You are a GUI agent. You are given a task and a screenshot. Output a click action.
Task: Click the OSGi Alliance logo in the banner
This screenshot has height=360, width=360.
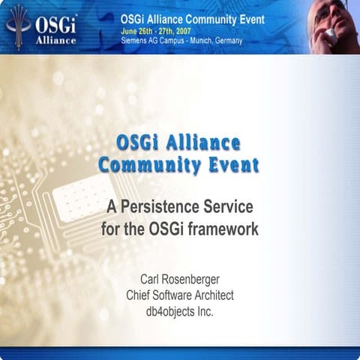coord(41,27)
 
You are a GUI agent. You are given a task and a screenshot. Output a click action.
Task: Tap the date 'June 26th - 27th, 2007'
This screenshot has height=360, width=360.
coord(156,32)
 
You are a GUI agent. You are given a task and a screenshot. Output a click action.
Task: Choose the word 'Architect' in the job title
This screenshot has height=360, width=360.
coord(211,295)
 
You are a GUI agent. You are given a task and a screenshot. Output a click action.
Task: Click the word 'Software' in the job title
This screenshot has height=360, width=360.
coord(172,295)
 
